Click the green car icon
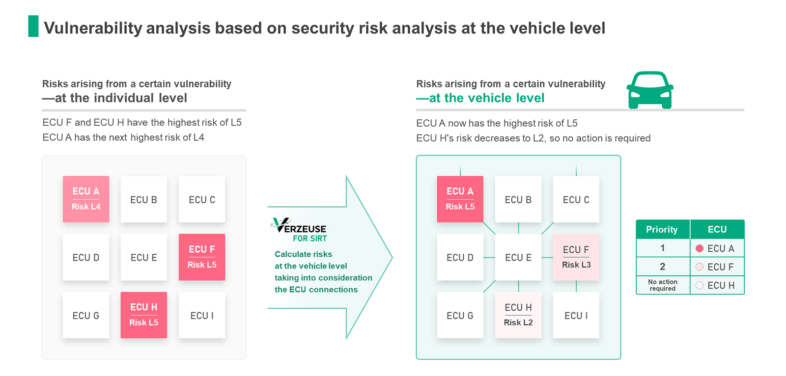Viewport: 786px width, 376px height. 650,90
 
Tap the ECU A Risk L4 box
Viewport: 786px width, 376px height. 86,199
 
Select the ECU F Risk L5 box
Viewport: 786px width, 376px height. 202,257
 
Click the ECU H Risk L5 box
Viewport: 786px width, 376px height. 144,315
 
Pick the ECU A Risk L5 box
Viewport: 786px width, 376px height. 460,199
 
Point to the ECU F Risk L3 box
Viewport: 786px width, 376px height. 576,257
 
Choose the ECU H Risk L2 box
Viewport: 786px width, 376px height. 518,315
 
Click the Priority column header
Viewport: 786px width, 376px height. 663,229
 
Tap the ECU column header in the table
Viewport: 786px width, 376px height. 717,229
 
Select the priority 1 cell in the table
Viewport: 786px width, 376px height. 663,248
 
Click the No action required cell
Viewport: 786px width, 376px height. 663,285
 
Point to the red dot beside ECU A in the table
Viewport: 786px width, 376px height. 700,248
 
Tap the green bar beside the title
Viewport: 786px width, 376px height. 33,26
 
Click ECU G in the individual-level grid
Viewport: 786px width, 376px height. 86,315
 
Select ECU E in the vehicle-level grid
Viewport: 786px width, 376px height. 518,257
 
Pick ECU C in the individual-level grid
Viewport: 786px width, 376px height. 202,199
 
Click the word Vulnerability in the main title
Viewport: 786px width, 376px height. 93,28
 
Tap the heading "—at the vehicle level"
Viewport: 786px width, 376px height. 480,98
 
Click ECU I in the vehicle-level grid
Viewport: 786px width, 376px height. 576,315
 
